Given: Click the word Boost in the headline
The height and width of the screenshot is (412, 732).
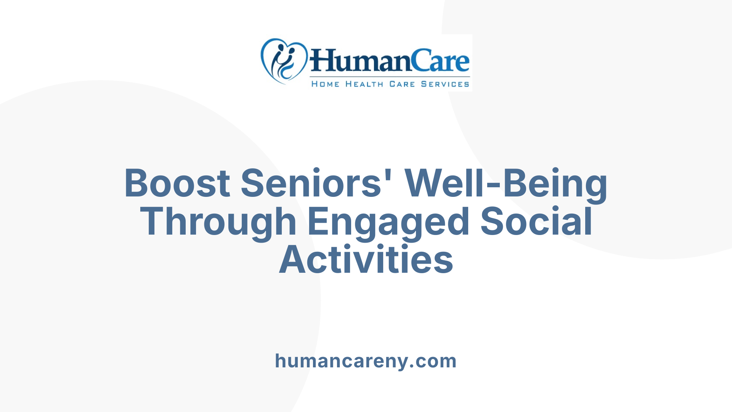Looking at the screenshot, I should click(177, 183).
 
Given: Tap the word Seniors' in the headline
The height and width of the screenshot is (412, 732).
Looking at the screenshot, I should click(311, 183).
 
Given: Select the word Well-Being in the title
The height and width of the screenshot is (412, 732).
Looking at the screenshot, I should click(506, 183).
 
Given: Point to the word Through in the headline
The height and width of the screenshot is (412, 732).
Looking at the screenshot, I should click(218, 222).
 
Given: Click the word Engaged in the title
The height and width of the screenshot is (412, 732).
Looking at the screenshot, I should click(388, 222).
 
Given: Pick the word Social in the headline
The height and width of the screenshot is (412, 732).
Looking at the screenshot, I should click(536, 222).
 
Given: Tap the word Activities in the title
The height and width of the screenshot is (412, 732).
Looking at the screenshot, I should click(366, 260).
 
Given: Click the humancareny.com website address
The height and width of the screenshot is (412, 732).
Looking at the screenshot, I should click(366, 361).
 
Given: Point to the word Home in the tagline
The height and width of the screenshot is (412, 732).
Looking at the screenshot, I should click(325, 84).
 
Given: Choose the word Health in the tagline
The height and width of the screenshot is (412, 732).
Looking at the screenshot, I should click(364, 84).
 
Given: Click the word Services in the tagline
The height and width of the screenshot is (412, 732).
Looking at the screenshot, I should click(445, 84).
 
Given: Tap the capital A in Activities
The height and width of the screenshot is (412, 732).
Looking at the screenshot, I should click(294, 260).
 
